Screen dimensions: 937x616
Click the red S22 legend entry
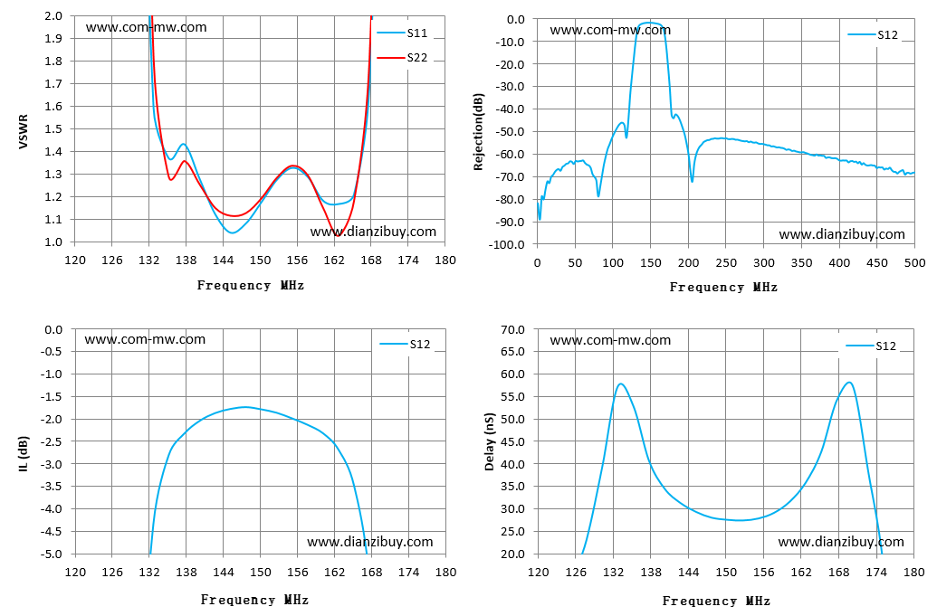[402, 58]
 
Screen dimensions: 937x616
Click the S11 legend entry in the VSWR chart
[402, 33]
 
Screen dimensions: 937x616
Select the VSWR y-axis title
[24, 131]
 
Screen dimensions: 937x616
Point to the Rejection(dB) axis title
[479, 131]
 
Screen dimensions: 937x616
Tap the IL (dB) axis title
[24, 454]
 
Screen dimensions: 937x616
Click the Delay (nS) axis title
[490, 441]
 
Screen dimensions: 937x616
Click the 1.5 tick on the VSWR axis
[53, 129]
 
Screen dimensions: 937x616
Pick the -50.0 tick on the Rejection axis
[508, 132]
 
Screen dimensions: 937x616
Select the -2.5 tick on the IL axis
[53, 441]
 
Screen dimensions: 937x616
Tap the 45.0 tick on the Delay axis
[512, 441]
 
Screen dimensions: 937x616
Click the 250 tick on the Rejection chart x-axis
[726, 263]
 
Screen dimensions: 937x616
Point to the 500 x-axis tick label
[915, 263]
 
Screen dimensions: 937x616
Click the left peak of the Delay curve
[621, 384]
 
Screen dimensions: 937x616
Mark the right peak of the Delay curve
[848, 383]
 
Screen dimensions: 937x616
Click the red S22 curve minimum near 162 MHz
[338, 236]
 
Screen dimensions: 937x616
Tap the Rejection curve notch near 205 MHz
[692, 181]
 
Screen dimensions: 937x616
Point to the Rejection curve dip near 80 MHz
[598, 195]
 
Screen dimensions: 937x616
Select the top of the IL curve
[245, 407]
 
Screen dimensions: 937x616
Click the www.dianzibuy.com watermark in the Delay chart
[841, 542]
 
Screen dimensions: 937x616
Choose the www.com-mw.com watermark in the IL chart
[145, 339]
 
